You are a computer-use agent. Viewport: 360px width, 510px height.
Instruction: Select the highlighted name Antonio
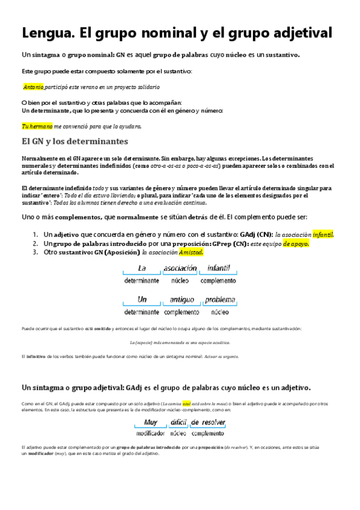[x=34, y=87]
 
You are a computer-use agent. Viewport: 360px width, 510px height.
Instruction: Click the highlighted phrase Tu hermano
[x=37, y=126]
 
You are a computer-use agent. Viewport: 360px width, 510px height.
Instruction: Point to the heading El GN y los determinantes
[x=74, y=142]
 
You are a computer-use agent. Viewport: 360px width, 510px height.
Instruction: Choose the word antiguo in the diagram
[x=181, y=300]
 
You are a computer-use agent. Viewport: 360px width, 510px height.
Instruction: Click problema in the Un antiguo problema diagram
[x=219, y=300]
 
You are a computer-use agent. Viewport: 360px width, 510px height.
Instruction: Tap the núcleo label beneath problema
[x=219, y=313]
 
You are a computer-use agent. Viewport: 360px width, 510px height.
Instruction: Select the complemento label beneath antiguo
[x=181, y=313]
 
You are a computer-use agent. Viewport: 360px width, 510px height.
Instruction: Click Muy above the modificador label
[x=150, y=422]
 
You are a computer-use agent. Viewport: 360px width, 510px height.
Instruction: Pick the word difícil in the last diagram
[x=178, y=422]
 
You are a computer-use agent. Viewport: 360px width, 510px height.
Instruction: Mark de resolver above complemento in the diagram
[x=208, y=422]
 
